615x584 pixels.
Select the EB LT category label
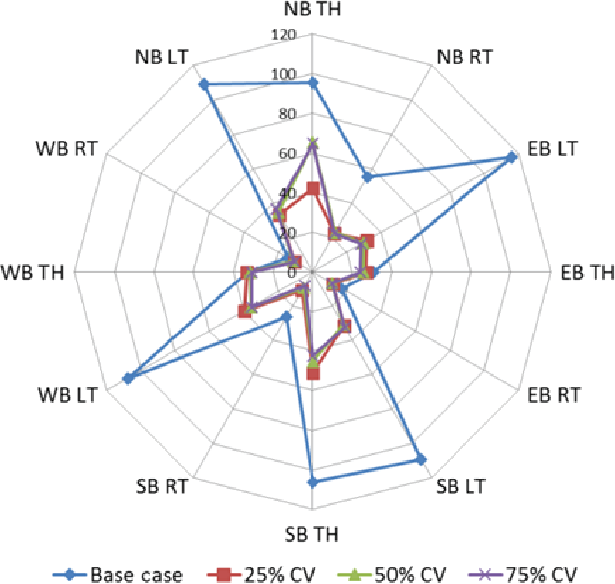(553, 149)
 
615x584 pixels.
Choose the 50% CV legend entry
(378, 573)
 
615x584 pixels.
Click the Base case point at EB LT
(512, 157)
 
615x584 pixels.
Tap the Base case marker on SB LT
(420, 460)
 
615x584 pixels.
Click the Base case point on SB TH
(313, 482)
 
